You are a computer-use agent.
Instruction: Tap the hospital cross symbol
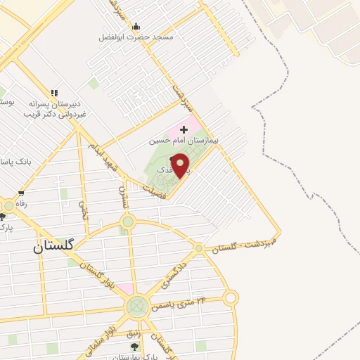pyautogui.click(x=184, y=130)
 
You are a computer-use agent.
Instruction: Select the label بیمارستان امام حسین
pyautogui.click(x=184, y=141)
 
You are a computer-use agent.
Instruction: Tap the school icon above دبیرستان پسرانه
pyautogui.click(x=54, y=93)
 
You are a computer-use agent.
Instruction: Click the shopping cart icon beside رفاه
pyautogui.click(x=22, y=193)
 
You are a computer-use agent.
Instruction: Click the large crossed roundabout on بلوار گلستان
pyautogui.click(x=137, y=307)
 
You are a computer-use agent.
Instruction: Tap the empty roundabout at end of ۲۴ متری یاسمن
pyautogui.click(x=231, y=298)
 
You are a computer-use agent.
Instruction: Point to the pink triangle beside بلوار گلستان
pyautogui.click(x=124, y=289)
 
